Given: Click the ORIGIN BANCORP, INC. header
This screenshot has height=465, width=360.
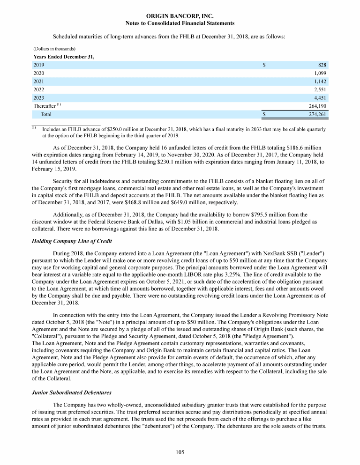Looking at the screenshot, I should [180, 16].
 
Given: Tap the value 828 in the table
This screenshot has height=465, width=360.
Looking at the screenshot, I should [322, 65].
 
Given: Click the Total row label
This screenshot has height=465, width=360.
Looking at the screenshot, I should [46, 114].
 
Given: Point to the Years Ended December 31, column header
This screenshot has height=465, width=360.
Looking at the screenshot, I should [64, 57].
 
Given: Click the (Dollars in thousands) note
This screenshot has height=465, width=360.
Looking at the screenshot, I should [55, 49].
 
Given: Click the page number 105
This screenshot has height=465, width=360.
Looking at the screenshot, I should [180, 452].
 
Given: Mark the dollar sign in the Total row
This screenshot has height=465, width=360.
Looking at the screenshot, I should [264, 114].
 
